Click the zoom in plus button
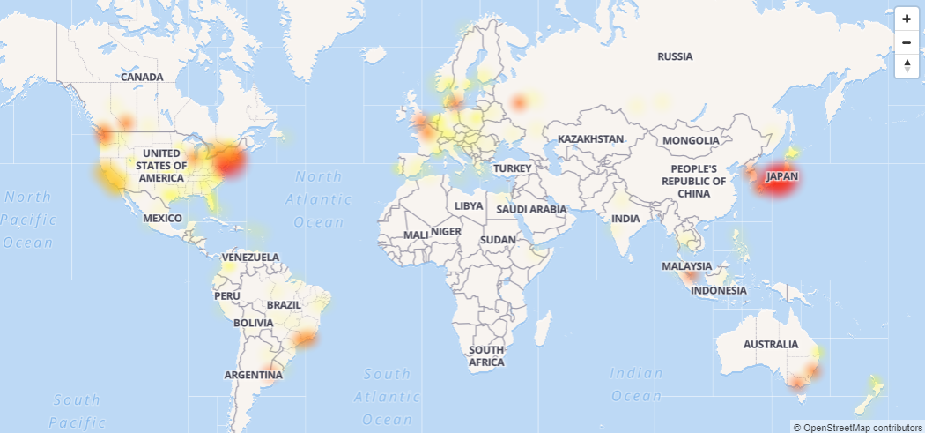[906, 19]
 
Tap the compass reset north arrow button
[906, 65]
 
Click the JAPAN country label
[781, 176]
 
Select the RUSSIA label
[675, 56]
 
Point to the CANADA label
[142, 78]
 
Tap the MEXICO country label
[162, 218]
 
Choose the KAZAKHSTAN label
[590, 139]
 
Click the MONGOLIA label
[692, 141]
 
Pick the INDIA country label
[625, 219]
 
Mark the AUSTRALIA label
[771, 344]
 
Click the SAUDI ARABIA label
[530, 209]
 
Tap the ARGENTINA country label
[253, 375]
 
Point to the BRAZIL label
[284, 305]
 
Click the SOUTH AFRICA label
[486, 356]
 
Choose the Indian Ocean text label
[636, 384]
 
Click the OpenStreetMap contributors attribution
[857, 427]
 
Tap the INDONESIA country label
[719, 290]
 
